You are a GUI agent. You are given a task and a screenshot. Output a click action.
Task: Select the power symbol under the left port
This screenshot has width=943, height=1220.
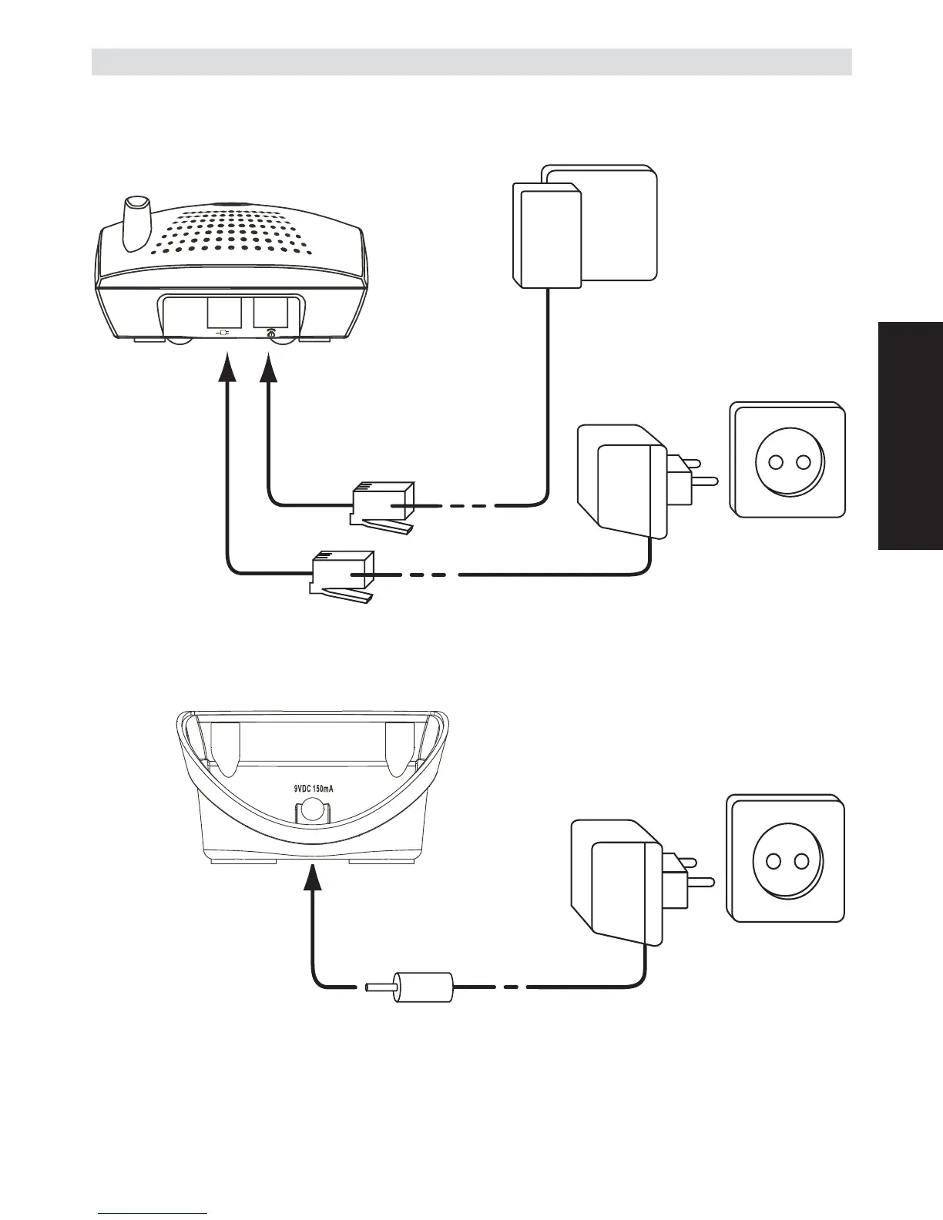[224, 333]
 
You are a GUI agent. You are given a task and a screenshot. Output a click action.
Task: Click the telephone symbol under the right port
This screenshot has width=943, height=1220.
[270, 333]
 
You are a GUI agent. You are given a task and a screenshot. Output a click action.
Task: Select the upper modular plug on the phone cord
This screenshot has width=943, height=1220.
[382, 505]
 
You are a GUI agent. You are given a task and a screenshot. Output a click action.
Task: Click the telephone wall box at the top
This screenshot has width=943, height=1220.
[586, 227]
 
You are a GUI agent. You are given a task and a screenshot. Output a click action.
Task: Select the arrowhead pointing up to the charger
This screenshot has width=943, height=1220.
[313, 878]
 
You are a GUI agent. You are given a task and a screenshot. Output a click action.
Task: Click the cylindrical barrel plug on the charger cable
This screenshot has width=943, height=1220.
[423, 987]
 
